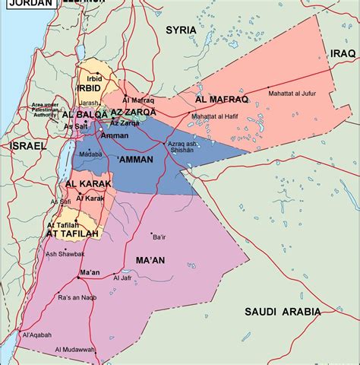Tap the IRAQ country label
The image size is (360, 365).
[343, 53]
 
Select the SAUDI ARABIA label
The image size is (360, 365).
[283, 311]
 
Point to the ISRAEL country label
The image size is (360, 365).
[28, 144]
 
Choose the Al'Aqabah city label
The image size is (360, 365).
[36, 335]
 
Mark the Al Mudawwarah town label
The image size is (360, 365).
[75, 349]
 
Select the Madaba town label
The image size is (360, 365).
[90, 154]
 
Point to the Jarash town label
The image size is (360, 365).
[89, 103]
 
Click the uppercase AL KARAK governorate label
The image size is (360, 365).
[89, 184]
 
